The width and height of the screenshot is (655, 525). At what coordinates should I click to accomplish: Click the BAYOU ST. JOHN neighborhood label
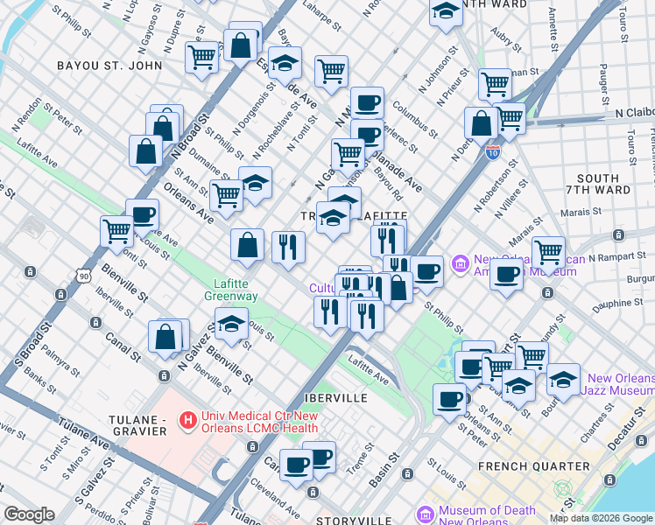(109, 65)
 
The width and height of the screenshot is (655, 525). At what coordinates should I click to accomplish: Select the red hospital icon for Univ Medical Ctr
(187, 422)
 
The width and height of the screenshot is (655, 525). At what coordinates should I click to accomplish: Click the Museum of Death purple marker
(426, 514)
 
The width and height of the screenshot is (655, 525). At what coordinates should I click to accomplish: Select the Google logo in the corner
(29, 514)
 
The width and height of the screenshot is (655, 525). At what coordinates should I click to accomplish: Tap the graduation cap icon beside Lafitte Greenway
(230, 325)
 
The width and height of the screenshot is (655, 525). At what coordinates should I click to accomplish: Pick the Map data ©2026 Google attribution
(600, 518)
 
